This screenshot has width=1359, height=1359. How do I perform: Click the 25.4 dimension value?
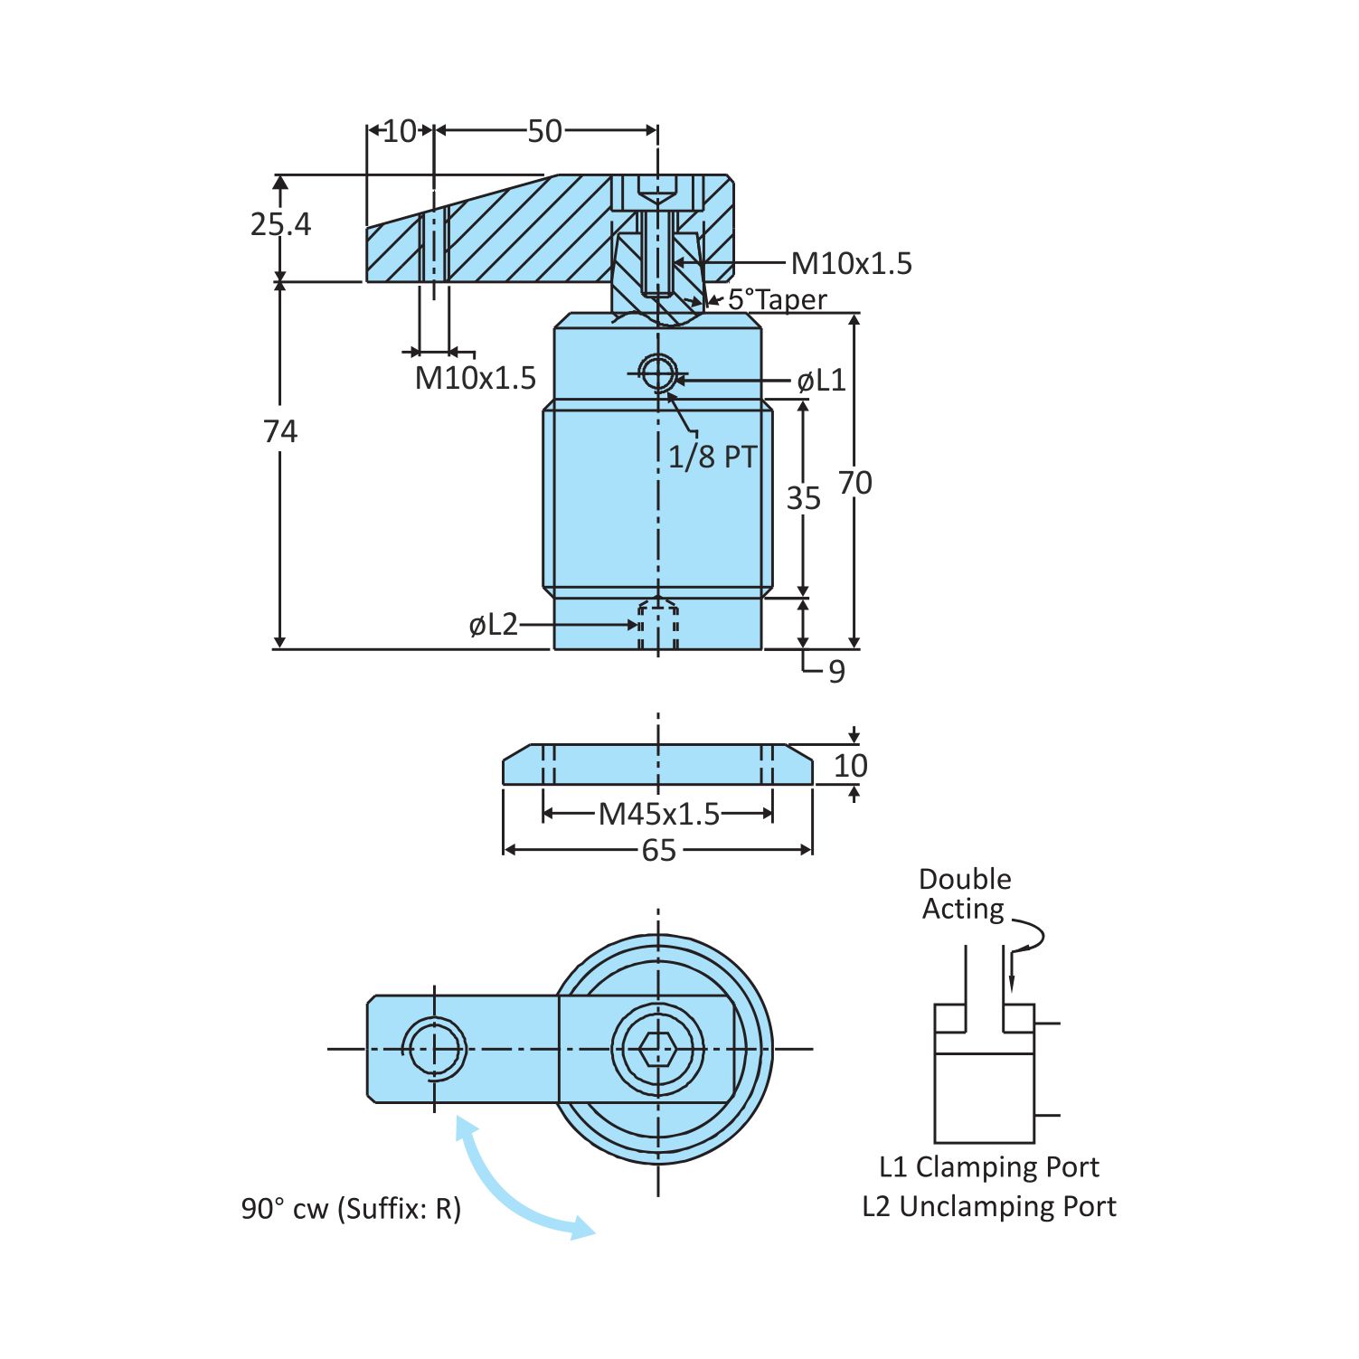280,224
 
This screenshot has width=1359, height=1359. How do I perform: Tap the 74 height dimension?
280,432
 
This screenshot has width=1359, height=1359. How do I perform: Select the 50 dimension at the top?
544,132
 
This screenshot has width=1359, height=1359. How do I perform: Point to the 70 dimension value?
854,484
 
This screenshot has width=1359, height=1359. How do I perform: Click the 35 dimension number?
803,498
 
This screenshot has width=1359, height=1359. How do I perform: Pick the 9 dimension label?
837,672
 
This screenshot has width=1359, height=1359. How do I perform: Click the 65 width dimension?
658,851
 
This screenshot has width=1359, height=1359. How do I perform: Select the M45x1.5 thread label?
659,815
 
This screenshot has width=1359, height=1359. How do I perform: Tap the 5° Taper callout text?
777,299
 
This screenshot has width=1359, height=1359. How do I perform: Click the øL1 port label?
821,381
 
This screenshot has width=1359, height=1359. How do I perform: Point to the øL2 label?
494,625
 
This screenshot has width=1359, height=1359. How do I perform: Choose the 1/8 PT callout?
712,458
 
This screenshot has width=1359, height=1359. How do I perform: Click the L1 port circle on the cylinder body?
657,371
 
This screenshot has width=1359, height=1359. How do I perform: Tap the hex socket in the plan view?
657,1050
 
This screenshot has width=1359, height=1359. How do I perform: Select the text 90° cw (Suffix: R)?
351,1209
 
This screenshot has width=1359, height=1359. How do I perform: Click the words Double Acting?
964,894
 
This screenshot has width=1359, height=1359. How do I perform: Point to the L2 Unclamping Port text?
989,1207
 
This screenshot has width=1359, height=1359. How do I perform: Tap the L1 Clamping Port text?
989,1167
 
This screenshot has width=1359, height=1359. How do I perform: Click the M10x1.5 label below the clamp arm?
476,378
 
